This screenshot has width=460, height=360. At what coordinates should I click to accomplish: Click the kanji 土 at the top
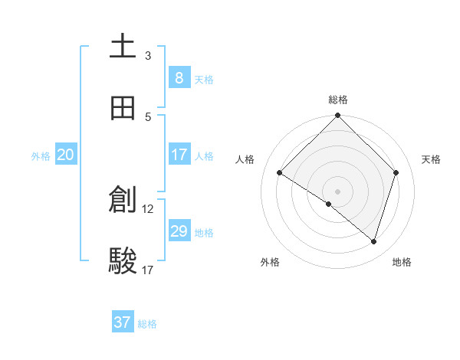[123, 47]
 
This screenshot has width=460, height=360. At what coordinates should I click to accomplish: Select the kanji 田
[123, 108]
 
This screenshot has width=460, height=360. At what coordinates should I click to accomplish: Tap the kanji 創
[123, 200]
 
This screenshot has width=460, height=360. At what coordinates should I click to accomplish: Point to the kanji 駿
[123, 261]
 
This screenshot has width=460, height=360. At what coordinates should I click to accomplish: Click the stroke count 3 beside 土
[148, 55]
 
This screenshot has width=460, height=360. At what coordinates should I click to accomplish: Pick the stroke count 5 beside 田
[148, 116]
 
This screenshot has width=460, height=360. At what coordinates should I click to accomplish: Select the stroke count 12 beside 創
[148, 208]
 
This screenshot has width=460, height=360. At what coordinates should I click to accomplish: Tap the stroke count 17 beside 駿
[148, 270]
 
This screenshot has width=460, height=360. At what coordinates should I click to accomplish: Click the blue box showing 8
[179, 77]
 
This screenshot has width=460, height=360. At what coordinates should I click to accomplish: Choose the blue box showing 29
[179, 231]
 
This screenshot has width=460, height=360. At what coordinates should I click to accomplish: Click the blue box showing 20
[66, 155]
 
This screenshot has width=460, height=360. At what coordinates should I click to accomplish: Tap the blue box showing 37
[123, 322]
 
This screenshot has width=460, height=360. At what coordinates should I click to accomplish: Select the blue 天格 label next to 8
[204, 79]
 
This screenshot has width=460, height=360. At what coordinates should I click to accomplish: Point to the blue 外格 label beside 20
[41, 156]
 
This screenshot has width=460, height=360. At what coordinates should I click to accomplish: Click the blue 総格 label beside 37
[147, 324]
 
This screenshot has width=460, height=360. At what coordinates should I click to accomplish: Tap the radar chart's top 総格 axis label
[338, 100]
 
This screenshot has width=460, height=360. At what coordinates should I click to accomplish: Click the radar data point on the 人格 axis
[280, 173]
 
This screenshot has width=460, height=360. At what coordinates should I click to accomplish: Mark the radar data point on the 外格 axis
[329, 204]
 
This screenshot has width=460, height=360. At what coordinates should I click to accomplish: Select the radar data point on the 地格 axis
[373, 241]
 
